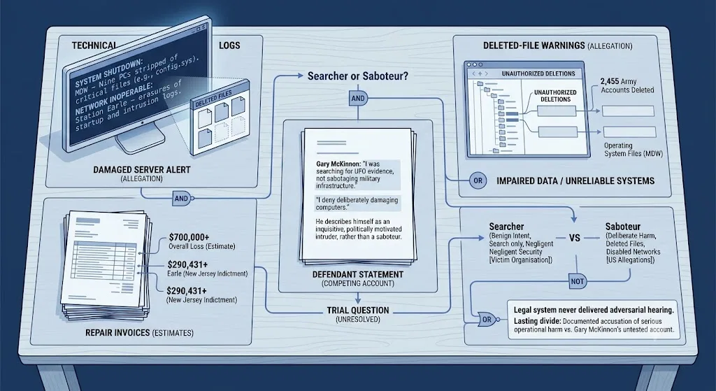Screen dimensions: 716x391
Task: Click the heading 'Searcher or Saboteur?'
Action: point(357,76)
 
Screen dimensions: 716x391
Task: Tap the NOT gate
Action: point(577,281)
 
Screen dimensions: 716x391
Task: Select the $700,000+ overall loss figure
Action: point(189,237)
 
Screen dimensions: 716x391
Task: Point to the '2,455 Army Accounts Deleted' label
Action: point(627,85)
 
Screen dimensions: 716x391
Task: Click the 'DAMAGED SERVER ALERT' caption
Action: point(142,169)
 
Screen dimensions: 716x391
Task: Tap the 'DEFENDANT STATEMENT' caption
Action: point(358,274)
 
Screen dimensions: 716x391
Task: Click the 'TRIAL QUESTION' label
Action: point(358,310)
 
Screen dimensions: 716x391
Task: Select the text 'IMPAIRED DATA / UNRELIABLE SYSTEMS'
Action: point(575,181)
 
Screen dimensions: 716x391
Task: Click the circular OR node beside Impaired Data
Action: point(478,181)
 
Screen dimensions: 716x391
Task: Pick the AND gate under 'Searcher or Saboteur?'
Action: point(358,98)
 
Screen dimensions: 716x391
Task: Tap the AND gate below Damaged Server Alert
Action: point(182,198)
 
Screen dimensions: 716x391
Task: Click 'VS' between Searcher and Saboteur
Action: point(575,238)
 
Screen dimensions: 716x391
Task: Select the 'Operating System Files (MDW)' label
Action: point(633,150)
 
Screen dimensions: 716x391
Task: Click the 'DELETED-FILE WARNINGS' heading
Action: point(534,45)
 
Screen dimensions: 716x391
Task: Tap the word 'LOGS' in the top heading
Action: point(229,45)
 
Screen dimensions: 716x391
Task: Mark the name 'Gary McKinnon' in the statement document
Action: point(337,164)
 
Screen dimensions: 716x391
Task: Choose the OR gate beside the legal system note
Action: point(487,319)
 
